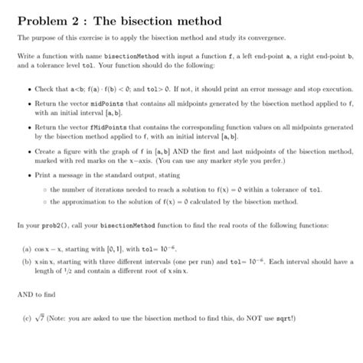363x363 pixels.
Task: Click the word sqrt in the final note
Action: (309, 319)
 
